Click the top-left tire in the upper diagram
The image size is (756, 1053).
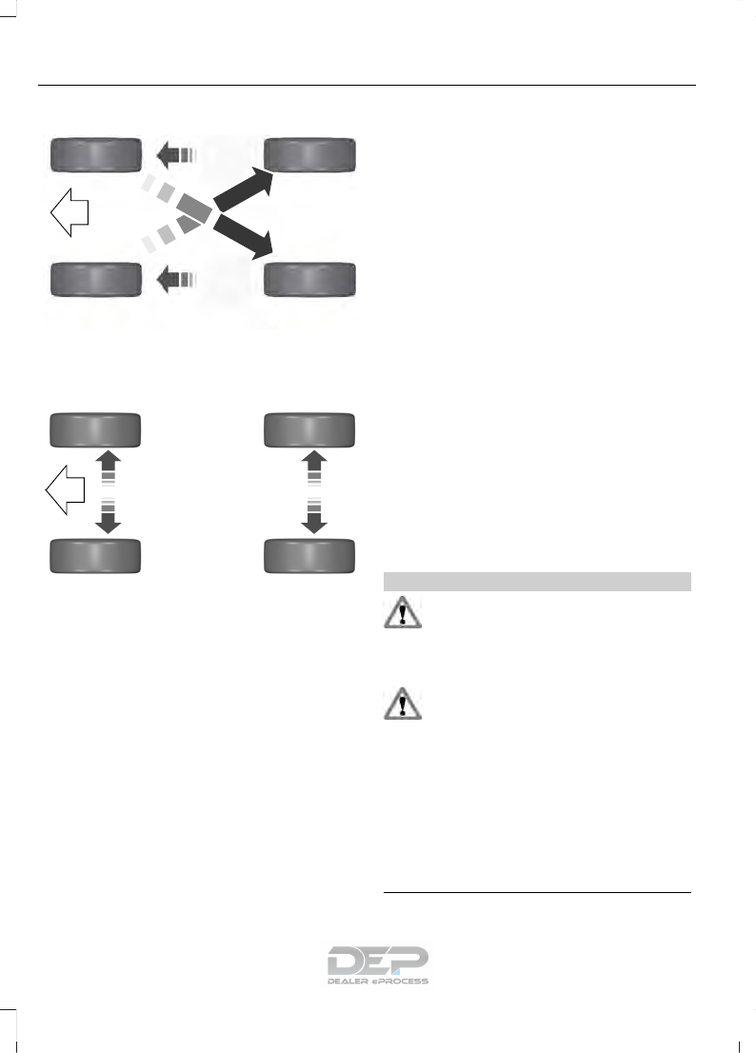[96, 153]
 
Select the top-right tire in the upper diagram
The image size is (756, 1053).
[310, 153]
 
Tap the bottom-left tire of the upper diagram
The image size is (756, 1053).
[96, 280]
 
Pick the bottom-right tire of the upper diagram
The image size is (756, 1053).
[310, 280]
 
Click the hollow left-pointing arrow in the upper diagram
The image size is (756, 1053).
[69, 213]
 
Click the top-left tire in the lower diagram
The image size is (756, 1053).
[96, 429]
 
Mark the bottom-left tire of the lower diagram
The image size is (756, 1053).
[96, 555]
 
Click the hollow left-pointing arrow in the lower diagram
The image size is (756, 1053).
[65, 492]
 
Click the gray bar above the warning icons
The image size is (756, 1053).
[536, 580]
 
